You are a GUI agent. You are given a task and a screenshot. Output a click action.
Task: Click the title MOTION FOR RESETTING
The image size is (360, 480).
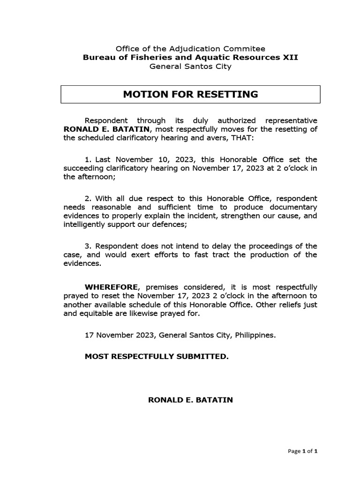(190, 94)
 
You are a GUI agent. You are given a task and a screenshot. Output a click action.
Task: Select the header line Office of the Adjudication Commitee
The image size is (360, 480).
(190, 48)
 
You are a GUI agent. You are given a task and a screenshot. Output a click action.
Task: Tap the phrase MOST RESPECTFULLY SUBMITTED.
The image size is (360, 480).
(157, 357)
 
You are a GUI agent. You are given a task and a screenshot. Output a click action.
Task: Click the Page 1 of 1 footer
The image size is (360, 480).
(302, 451)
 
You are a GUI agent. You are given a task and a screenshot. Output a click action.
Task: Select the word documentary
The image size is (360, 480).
(293, 207)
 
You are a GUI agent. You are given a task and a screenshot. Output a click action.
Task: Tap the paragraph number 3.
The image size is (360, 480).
(87, 246)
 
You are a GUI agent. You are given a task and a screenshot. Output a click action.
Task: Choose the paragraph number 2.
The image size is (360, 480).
(87, 198)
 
